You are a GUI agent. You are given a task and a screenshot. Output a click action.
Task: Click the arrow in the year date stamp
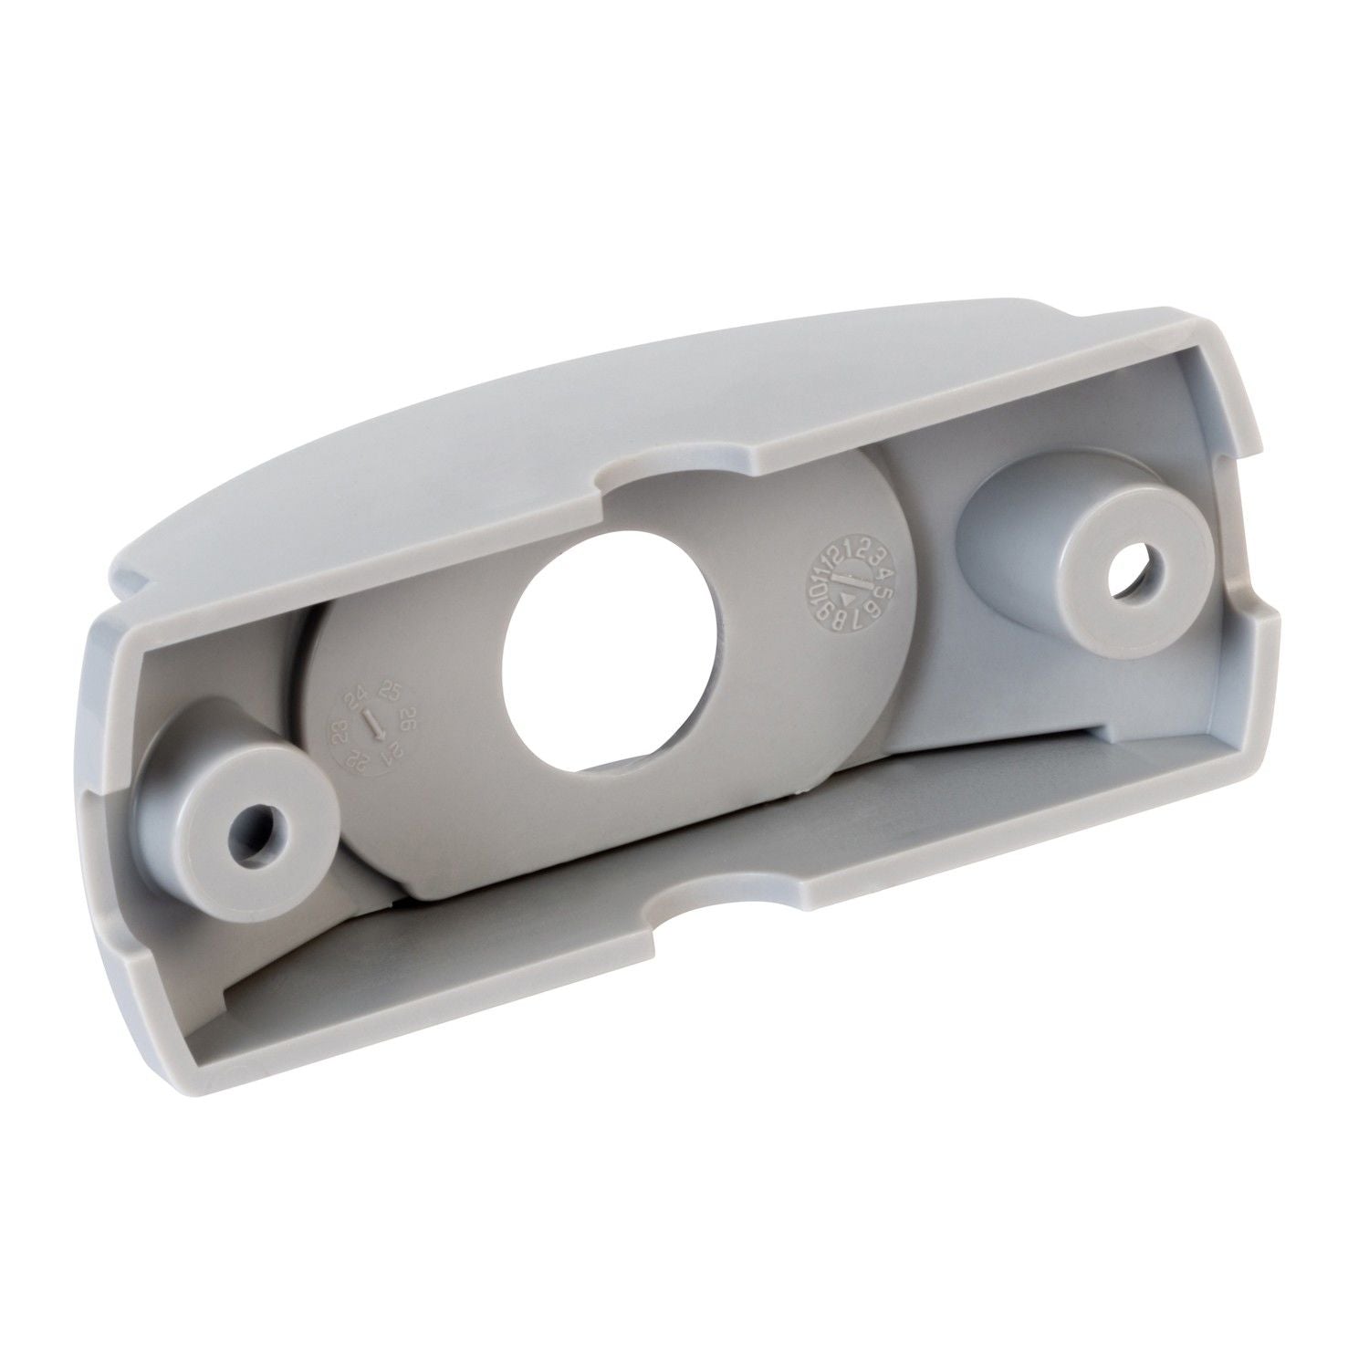[x=373, y=725]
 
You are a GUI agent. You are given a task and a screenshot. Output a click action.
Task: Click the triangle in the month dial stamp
[x=847, y=600]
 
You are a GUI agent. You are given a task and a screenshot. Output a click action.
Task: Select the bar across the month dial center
[x=852, y=580]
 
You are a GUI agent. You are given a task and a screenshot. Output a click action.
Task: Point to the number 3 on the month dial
[x=877, y=557]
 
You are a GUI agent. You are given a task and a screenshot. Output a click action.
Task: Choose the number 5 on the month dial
[x=883, y=593]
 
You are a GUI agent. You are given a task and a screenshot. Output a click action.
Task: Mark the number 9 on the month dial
[x=823, y=612]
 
